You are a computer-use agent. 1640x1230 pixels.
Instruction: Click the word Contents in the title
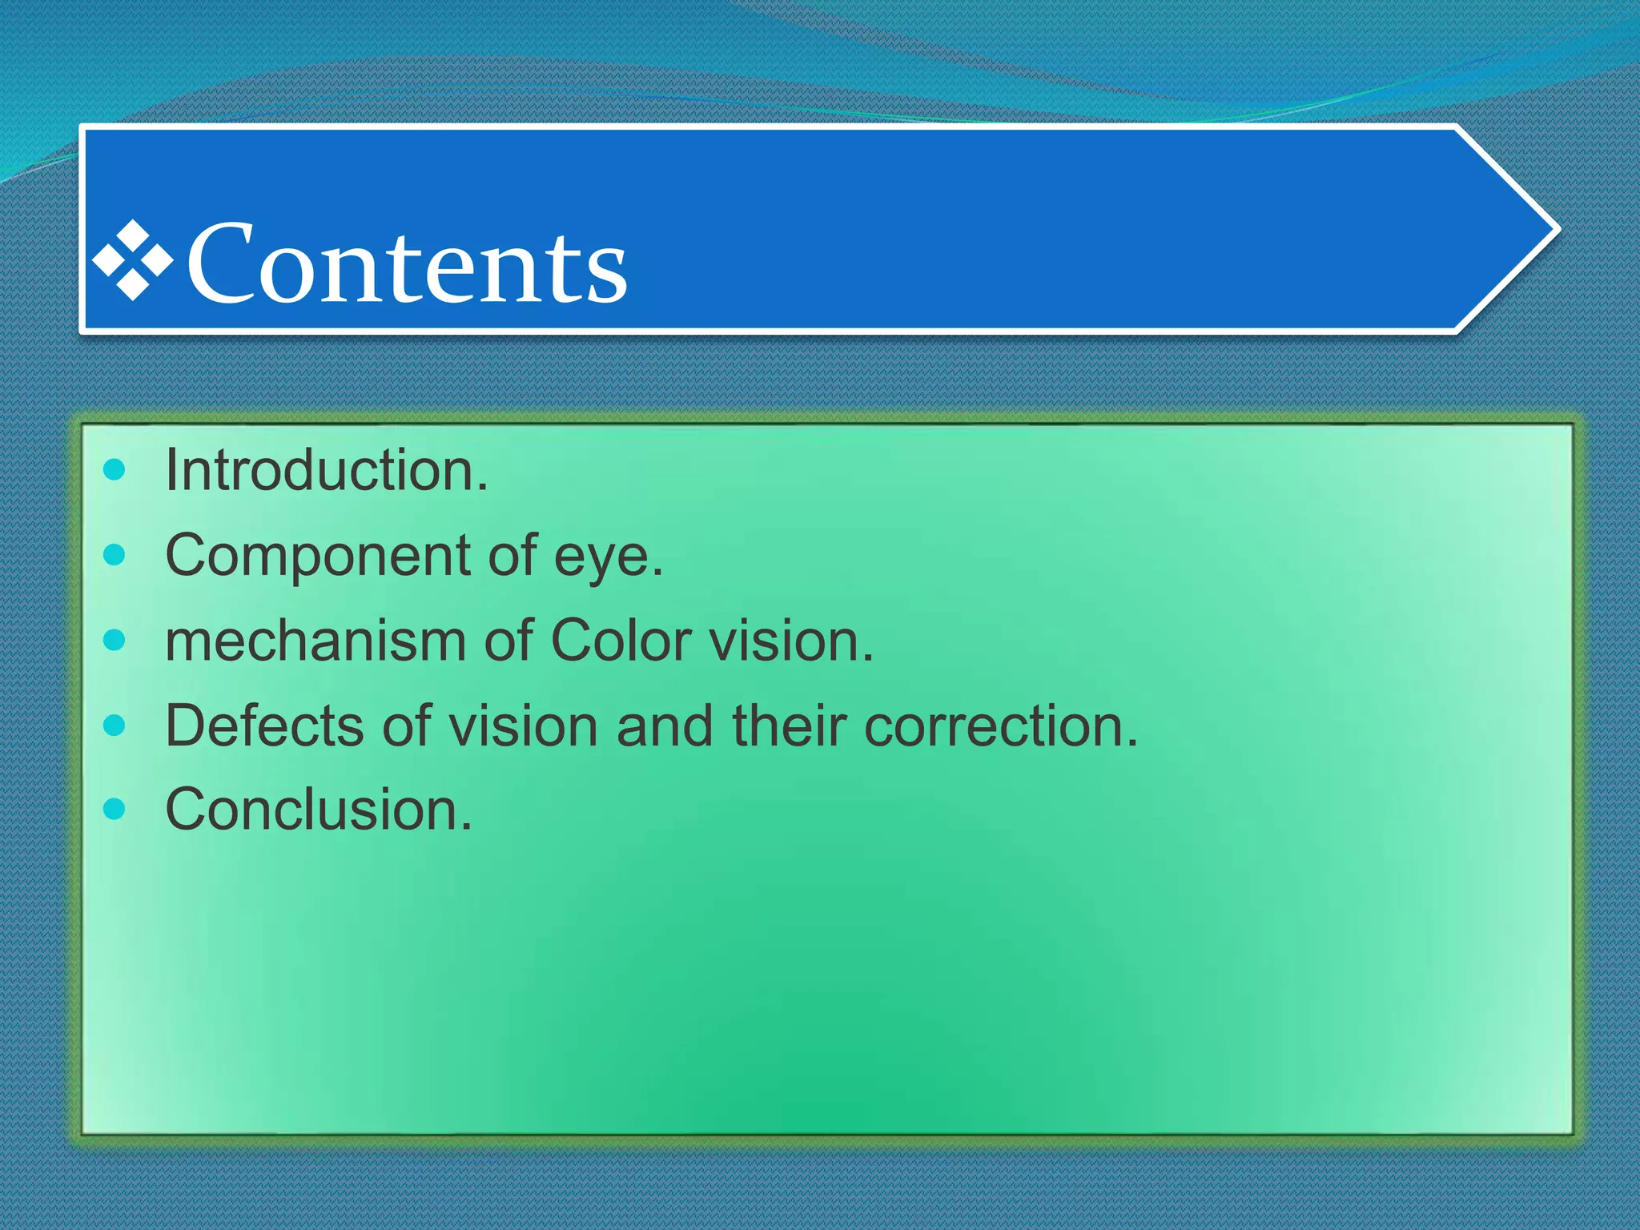[407, 264]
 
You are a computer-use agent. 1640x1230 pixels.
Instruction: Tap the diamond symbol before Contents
[133, 261]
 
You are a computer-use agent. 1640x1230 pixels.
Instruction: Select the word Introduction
[325, 471]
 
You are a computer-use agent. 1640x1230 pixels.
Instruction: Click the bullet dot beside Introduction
[115, 469]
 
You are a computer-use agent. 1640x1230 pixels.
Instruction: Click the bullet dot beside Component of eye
[115, 554]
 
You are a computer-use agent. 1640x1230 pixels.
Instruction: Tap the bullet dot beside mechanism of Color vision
[115, 640]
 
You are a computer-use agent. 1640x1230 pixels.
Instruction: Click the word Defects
[264, 726]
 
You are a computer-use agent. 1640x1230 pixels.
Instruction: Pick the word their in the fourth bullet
[789, 726]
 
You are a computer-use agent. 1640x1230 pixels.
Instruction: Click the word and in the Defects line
[664, 726]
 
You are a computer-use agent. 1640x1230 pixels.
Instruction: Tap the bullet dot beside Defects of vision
[115, 726]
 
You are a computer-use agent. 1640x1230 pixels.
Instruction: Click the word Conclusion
[318, 810]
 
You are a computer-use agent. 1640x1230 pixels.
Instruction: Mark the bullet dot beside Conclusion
[115, 809]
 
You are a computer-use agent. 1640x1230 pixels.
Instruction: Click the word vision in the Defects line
[522, 726]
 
